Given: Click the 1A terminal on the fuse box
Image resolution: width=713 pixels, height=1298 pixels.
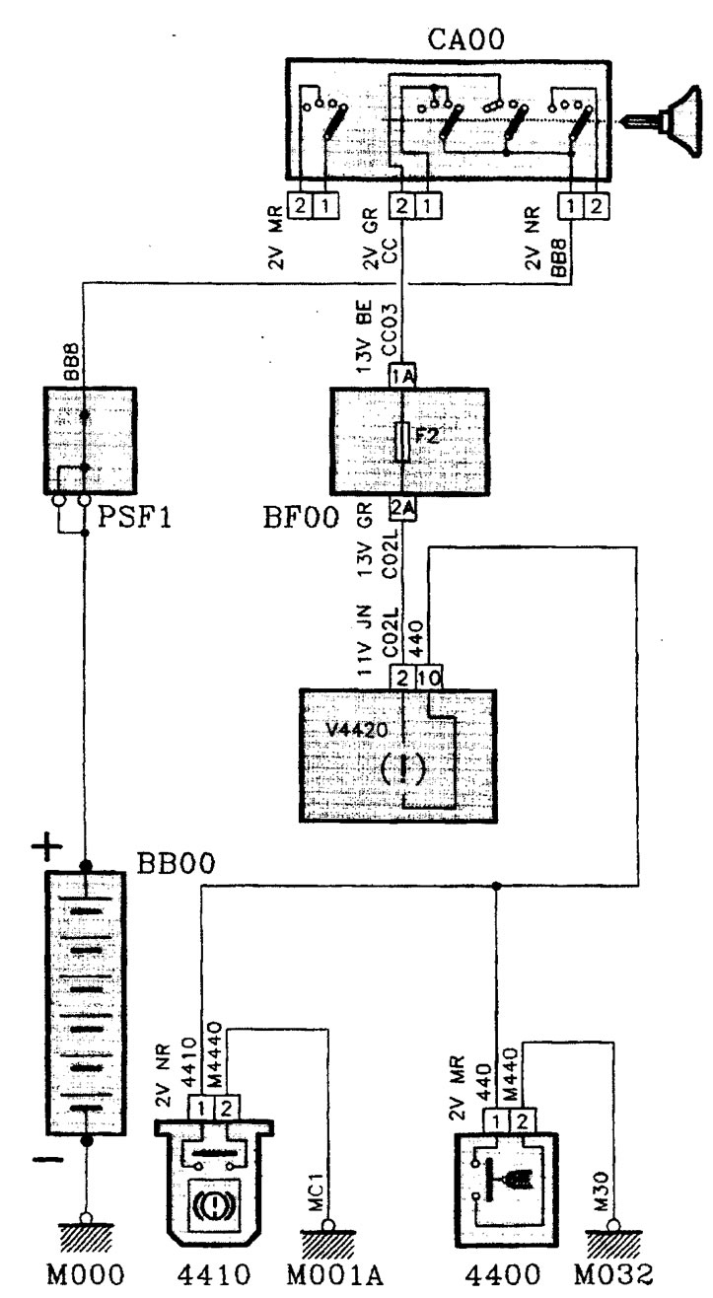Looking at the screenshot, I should pos(401,377).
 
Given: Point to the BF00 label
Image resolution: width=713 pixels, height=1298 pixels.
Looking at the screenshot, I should pos(300,514).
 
